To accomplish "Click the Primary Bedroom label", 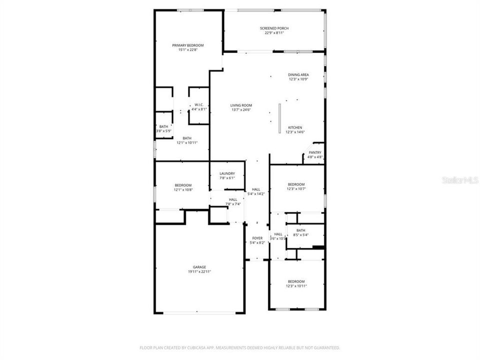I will click(187, 45).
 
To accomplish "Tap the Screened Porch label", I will click(274, 28).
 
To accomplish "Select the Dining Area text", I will click(298, 74).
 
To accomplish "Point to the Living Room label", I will click(241, 105).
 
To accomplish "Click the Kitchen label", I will click(295, 127).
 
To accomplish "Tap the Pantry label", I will click(315, 152).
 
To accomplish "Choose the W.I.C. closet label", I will click(199, 105).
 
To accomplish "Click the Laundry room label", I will click(227, 173).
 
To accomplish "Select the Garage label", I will click(199, 267).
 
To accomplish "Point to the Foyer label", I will click(257, 238).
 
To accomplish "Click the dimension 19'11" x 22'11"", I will click(199, 272).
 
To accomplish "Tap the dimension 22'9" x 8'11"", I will click(274, 33).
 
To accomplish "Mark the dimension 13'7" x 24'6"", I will click(241, 110).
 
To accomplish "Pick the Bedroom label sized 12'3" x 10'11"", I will click(295, 281).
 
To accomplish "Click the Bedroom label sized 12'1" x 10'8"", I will click(183, 185).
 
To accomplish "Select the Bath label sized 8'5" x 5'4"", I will click(300, 230).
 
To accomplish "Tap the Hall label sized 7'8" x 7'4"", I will click(233, 199).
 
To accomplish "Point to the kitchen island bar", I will click(280, 118).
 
